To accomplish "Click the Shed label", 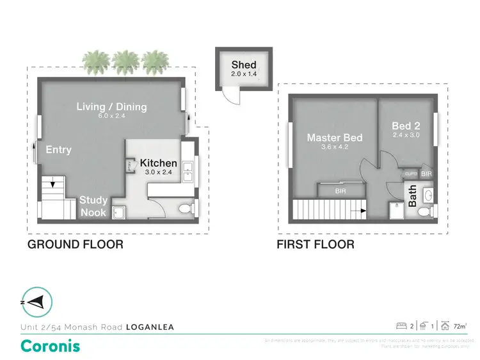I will (244, 65).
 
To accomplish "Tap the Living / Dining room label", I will (112, 106).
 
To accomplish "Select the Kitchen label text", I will (158, 163).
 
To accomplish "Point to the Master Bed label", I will (334, 138).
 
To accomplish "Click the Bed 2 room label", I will (406, 126).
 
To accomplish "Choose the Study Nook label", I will (93, 206).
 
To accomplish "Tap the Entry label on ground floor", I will (58, 150).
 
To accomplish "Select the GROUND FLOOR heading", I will (75, 245).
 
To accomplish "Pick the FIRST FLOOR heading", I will (315, 245).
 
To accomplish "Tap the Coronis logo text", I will (51, 346).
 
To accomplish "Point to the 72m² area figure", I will (459, 327).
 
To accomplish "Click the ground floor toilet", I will (184, 208).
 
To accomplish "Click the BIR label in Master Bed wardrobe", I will (342, 191).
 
